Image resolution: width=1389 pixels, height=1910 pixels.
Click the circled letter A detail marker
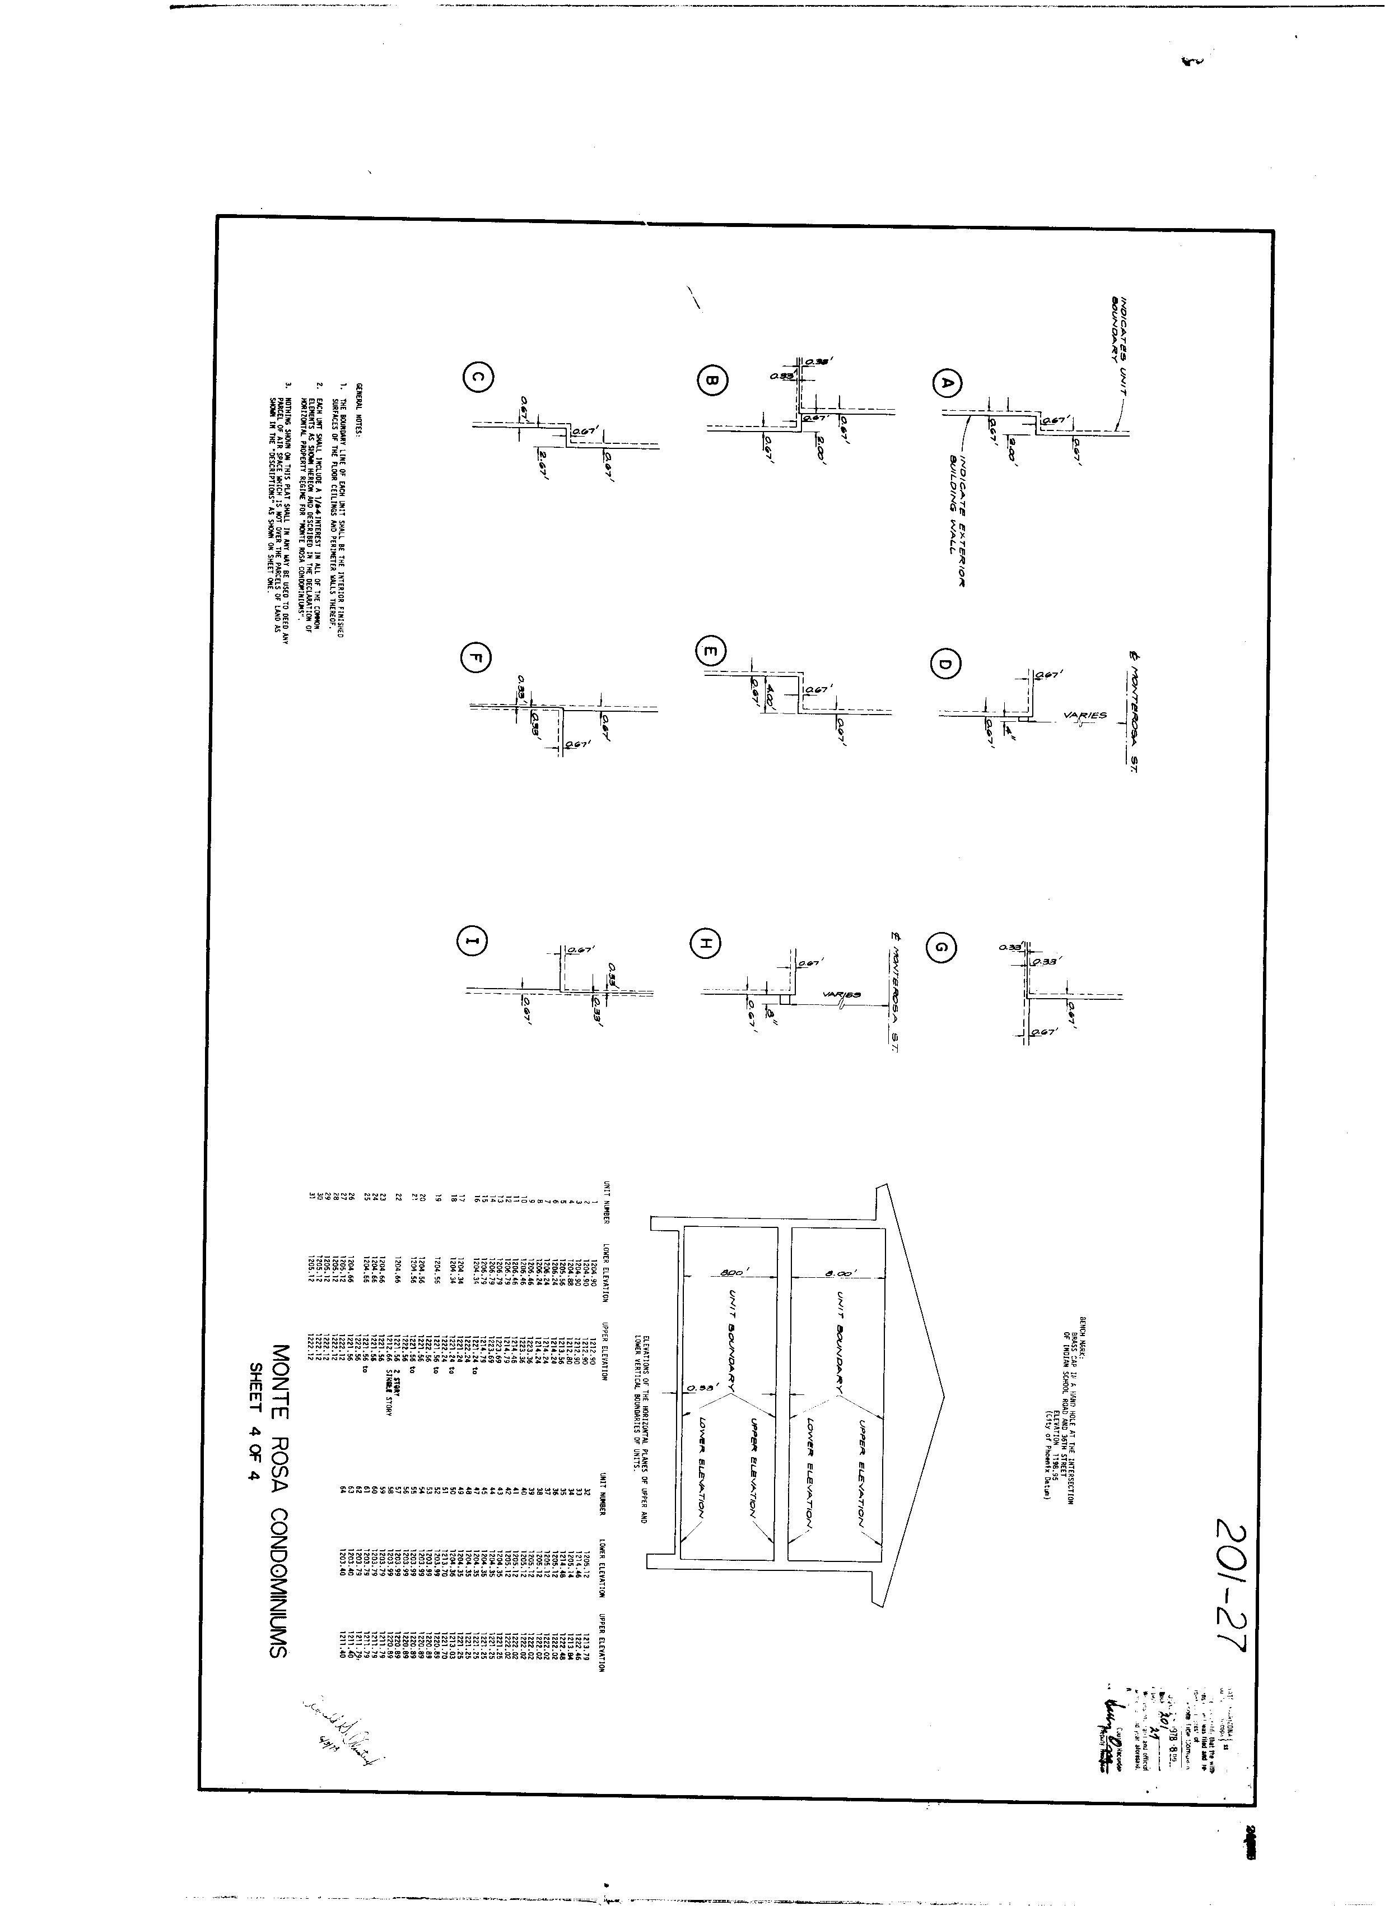(x=946, y=383)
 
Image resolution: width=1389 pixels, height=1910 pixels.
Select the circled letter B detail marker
(x=710, y=382)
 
